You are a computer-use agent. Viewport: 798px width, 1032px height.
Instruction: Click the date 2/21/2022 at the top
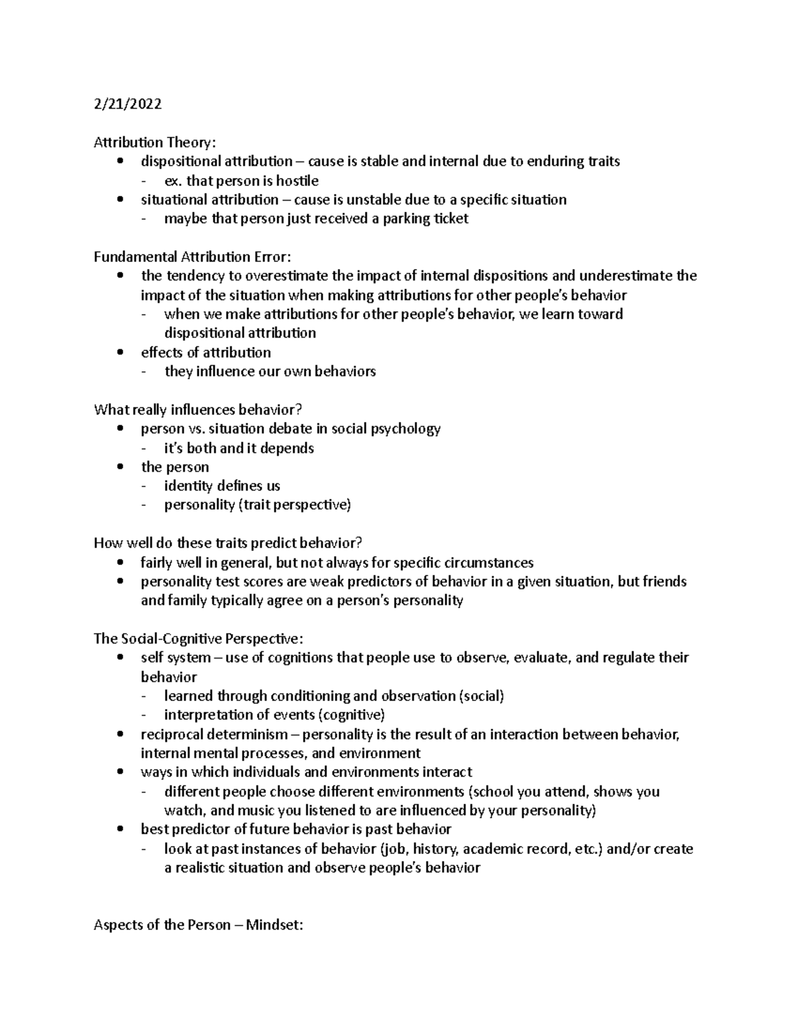pyautogui.click(x=128, y=104)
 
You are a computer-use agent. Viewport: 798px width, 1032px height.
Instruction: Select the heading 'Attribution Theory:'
pyautogui.click(x=155, y=142)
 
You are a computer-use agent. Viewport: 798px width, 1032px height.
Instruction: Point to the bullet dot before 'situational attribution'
pyautogui.click(x=120, y=199)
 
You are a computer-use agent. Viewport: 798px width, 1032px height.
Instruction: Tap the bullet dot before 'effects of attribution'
pyautogui.click(x=120, y=352)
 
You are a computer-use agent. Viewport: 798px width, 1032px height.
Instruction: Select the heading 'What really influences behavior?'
pyautogui.click(x=198, y=409)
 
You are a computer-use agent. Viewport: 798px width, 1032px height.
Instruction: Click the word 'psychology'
pyautogui.click(x=406, y=429)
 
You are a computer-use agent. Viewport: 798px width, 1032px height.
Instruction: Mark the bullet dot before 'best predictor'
pyautogui.click(x=120, y=829)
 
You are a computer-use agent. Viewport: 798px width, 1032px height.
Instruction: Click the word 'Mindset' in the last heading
pyautogui.click(x=273, y=925)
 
